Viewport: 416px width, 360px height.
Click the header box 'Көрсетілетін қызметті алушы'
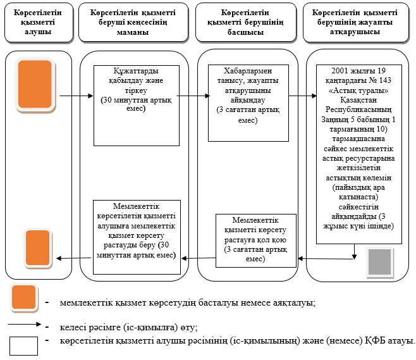coord(39,23)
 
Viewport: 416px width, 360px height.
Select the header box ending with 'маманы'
coord(133,23)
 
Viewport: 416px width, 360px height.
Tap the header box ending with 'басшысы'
coord(246,23)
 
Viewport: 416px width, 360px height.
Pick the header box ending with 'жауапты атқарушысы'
coord(356,23)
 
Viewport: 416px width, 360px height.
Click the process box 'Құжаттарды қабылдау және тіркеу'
coord(137,106)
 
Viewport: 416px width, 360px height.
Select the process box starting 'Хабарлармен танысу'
coord(248,103)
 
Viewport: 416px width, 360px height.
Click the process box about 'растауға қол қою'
coord(256,240)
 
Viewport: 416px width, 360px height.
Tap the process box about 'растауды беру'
coord(137,237)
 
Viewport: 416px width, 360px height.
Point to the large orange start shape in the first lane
coord(35,85)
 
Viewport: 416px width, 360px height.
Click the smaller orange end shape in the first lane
coord(38,248)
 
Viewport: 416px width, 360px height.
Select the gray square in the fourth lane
coord(380,262)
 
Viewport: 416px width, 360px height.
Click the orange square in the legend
coord(24,298)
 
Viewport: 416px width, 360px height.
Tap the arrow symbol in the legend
coord(25,324)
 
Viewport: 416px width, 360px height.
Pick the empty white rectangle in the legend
coord(23,346)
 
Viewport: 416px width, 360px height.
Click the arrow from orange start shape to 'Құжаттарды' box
coord(76,96)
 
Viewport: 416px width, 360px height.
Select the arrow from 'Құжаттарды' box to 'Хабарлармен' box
coord(193,96)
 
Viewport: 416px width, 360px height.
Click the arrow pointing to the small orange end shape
coord(74,258)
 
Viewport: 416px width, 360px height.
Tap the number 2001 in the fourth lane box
coord(340,71)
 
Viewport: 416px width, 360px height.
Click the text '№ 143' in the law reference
coord(380,80)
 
